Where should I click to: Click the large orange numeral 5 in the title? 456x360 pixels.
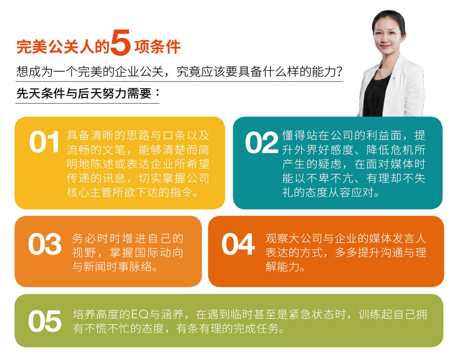pos(120,42)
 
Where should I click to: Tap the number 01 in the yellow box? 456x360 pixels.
pos(44,142)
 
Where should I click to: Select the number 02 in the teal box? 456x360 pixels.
pos(261,142)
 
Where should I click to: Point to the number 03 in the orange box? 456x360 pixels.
pos(44,244)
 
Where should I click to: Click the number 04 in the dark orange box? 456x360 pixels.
pos(238,244)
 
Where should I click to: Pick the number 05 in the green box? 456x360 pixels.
pos(44,321)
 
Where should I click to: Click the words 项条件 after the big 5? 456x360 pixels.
pos(157,46)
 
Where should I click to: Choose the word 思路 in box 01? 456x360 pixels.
pos(138,135)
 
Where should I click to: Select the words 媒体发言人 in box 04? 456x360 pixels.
pos(397,238)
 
